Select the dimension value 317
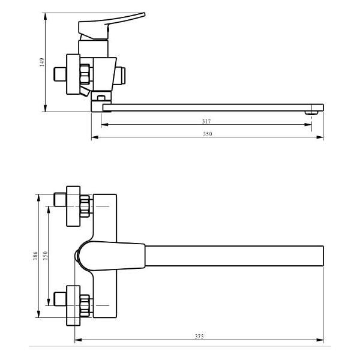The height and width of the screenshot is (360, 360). (206, 121)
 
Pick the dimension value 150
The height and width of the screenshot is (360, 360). (45, 256)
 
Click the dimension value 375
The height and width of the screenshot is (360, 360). (199, 337)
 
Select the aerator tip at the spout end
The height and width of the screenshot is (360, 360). (314, 111)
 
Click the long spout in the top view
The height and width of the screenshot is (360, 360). (234, 256)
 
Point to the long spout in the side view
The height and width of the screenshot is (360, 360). (210, 107)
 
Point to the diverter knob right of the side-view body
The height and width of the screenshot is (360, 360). (122, 75)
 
